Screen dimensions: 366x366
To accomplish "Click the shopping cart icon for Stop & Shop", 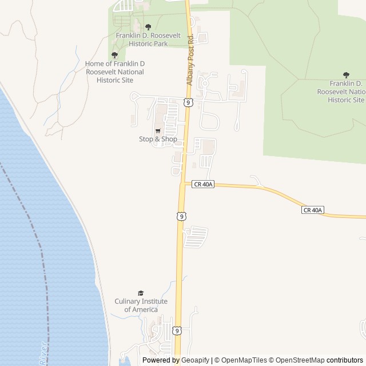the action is click(158, 131).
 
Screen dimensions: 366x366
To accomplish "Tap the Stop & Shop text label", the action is click(158, 139).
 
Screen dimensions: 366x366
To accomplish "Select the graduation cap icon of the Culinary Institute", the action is click(141, 293).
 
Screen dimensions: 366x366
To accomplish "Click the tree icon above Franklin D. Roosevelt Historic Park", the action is click(148, 27).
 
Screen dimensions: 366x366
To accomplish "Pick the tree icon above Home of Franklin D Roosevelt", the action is click(114, 55).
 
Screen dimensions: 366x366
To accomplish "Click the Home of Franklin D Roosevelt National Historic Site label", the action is click(114, 71).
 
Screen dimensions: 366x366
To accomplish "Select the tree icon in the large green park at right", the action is click(346, 75).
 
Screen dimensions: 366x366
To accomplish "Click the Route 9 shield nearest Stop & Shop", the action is click(188, 102).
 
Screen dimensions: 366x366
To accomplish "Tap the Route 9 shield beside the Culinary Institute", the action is click(178, 331).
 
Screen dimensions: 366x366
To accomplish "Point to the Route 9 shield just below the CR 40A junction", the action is click(181, 216).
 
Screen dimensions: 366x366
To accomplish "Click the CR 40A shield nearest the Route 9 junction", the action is click(203, 184).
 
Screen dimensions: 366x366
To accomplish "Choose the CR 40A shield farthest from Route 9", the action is click(313, 210).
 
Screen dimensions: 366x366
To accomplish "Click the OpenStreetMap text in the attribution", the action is click(300, 360).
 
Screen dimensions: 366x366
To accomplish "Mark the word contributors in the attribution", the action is click(345, 360).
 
